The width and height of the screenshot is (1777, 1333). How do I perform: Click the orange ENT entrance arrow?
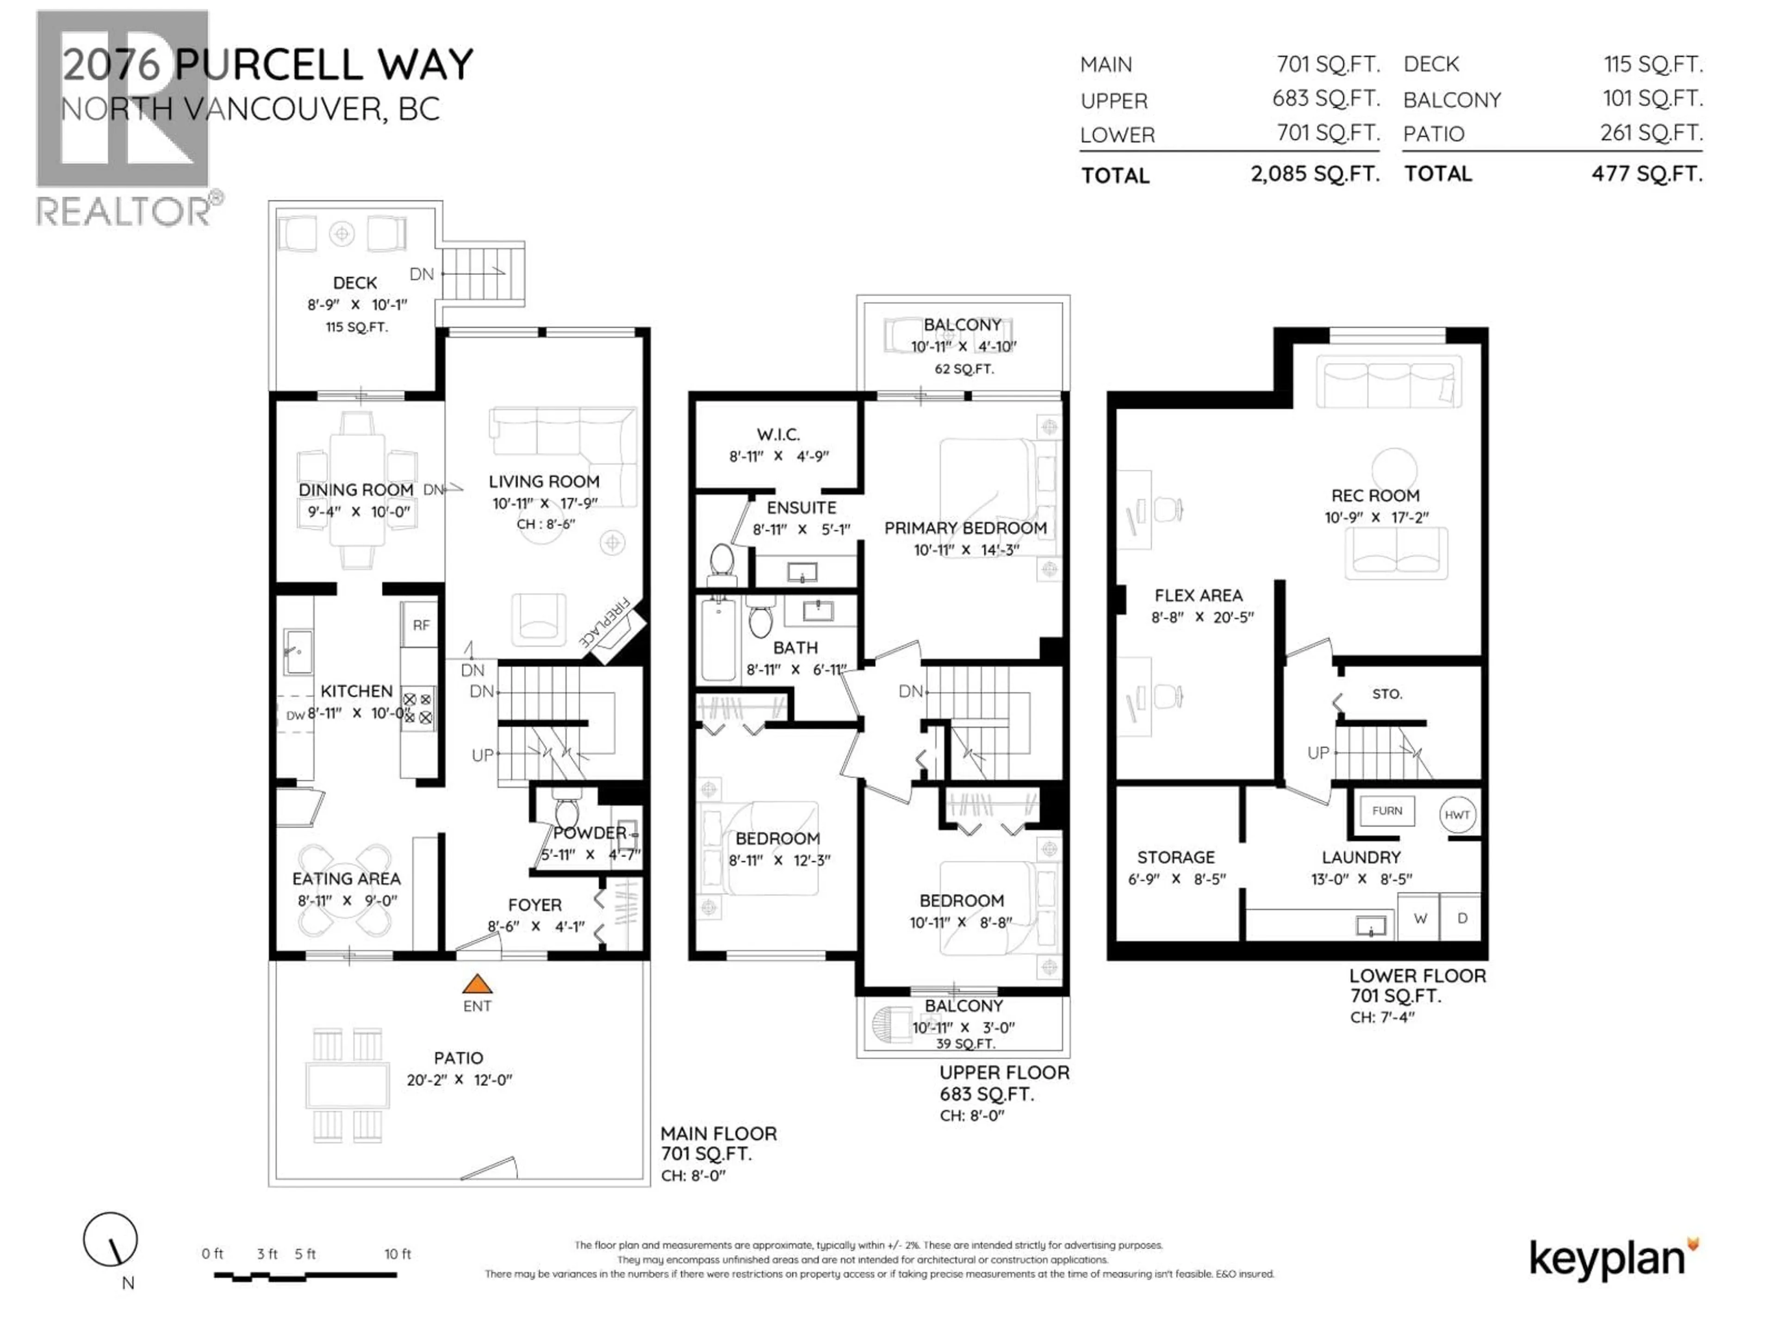(477, 984)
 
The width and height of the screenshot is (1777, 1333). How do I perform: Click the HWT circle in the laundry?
(1457, 814)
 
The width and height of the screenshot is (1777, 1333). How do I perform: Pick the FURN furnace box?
(1387, 811)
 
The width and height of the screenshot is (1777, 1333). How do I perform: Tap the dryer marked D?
(1462, 918)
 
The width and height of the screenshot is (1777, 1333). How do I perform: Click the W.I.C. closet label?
(777, 435)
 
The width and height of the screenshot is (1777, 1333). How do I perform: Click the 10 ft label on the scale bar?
(397, 1254)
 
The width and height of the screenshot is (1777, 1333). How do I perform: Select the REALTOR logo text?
(124, 212)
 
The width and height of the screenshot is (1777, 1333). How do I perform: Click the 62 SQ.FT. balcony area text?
(963, 369)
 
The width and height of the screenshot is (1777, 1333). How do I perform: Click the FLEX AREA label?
(1198, 595)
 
